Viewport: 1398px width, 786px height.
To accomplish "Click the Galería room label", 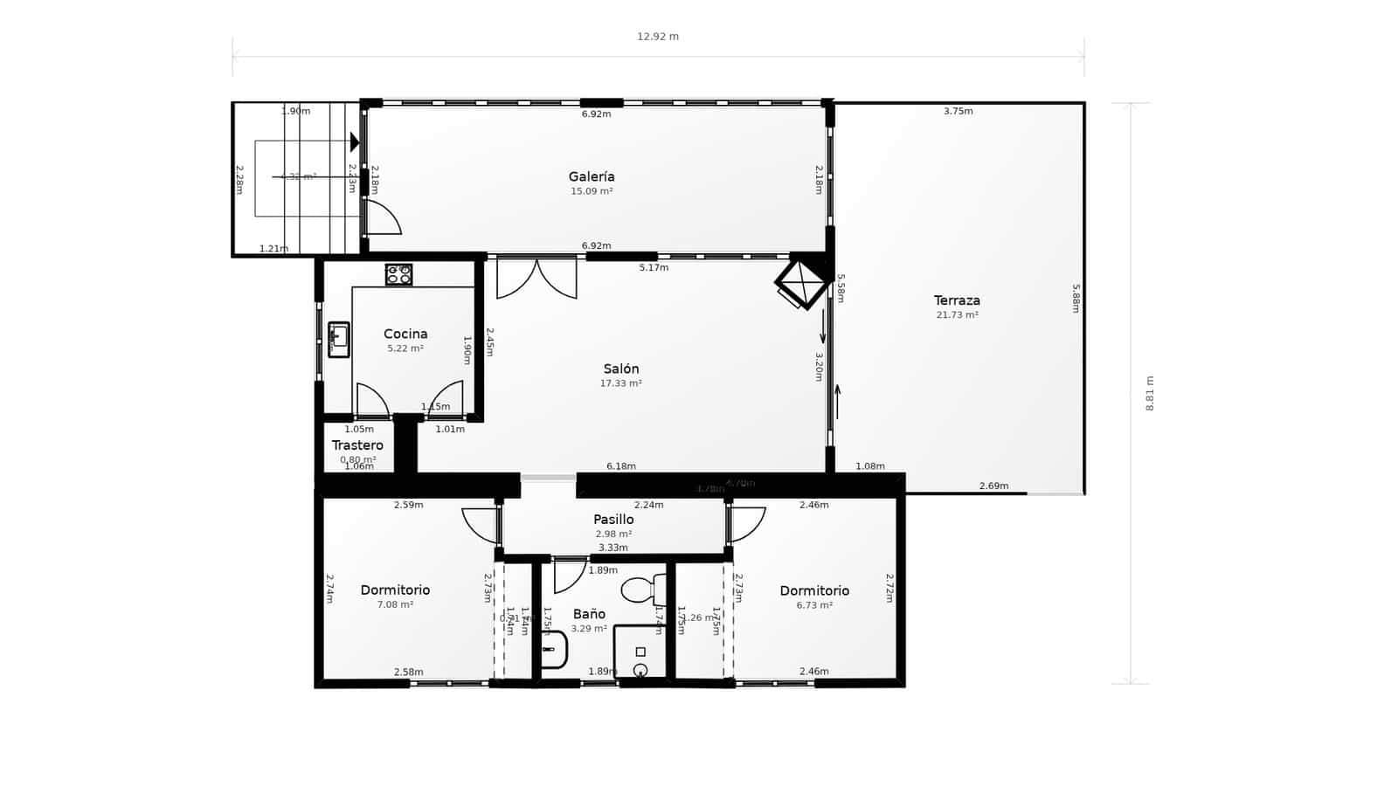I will coord(592,176).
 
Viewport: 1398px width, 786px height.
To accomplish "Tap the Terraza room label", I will coord(957,300).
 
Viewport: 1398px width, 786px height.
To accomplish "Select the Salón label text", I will coord(620,369).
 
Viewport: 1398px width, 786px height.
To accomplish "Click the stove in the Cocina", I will coord(399,274).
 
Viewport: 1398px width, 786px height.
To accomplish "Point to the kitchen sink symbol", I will coord(338,339).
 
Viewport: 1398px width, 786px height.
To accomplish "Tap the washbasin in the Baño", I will coord(553,650).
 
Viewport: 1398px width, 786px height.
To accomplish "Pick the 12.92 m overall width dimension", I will coord(658,37).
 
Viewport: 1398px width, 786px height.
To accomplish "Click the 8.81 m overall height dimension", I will coord(1150,393).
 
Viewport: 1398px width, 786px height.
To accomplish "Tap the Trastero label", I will coord(357,445).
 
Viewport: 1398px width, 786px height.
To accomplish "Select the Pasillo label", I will coord(613,520).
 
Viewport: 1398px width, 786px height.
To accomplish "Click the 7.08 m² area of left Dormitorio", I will coord(395,604).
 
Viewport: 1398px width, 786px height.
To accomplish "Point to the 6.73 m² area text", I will coord(814,604).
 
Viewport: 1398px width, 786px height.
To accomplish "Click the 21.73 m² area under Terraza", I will coord(957,315).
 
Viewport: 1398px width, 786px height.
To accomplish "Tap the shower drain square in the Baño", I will coord(640,652).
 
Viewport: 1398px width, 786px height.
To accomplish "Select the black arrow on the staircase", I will coord(355,141).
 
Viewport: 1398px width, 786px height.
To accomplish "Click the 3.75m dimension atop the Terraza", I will coord(958,111).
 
